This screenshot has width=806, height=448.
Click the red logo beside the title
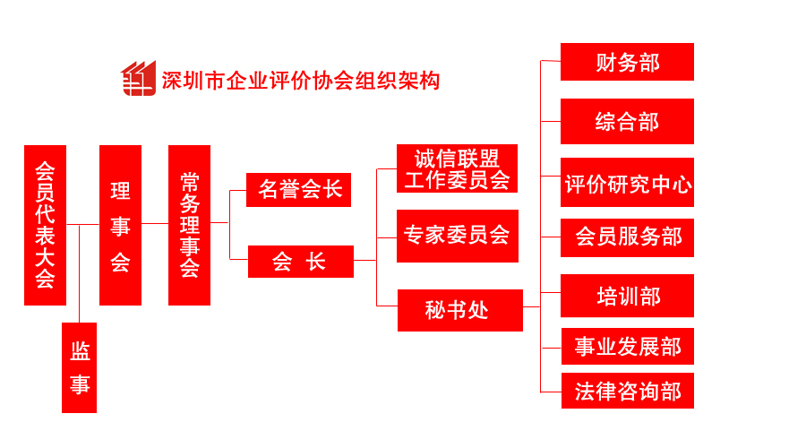point(138,79)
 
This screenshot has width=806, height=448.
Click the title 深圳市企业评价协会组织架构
point(300,81)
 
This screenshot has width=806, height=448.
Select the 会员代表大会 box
point(45,225)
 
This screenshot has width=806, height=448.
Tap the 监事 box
point(79,367)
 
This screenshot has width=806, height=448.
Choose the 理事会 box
point(120,225)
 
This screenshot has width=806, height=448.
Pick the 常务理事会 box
point(189,225)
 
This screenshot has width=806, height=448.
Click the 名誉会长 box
point(299,189)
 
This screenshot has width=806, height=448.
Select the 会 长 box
point(300,261)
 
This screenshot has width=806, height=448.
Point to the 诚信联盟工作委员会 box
point(457,168)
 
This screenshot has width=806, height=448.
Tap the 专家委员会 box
point(457,236)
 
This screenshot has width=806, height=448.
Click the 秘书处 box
point(459,310)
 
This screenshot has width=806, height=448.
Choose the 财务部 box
point(627,62)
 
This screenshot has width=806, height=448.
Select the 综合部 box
point(627,121)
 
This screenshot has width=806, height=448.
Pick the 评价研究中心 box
point(627,183)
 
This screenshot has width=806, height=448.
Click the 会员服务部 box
point(627,237)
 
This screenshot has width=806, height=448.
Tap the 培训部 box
point(627,296)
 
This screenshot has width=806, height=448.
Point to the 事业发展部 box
point(627,346)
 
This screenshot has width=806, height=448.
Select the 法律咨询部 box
point(627,392)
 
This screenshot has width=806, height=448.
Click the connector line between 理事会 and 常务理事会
point(155,224)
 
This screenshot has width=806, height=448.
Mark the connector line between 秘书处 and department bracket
point(532,307)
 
